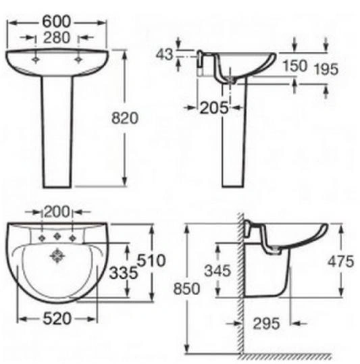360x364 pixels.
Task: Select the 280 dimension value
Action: point(57,38)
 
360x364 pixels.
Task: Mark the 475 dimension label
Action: point(340,261)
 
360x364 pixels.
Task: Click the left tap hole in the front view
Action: point(36,59)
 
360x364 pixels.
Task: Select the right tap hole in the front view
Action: point(80,59)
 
